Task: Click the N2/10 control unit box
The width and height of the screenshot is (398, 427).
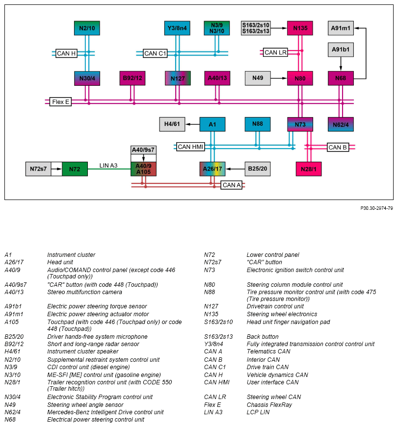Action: click(87, 28)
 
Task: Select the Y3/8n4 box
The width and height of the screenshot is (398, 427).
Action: click(177, 28)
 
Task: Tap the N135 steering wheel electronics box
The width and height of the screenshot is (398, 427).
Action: click(300, 28)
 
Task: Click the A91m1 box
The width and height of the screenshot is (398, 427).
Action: click(341, 28)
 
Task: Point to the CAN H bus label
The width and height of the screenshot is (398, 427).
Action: click(66, 53)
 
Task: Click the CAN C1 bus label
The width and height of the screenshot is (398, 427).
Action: click(156, 53)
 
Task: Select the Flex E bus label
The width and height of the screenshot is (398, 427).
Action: click(60, 102)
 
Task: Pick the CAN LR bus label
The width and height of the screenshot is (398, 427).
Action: click(275, 52)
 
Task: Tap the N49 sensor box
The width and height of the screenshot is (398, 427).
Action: click(258, 78)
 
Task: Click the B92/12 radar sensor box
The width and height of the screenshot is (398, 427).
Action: click(133, 78)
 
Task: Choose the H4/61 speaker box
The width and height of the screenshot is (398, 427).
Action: click(172, 125)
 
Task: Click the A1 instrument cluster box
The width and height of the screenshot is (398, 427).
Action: click(212, 125)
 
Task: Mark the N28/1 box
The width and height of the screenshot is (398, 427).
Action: click(309, 169)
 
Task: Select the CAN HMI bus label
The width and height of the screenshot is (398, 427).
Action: click(190, 147)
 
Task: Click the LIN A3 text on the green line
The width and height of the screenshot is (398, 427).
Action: click(108, 166)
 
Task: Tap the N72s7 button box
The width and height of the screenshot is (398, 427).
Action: click(38, 169)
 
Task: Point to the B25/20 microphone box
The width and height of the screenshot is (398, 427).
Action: click(258, 169)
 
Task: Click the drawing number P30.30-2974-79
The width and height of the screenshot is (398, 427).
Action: click(376, 208)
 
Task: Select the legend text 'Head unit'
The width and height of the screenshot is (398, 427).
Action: click(61, 262)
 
